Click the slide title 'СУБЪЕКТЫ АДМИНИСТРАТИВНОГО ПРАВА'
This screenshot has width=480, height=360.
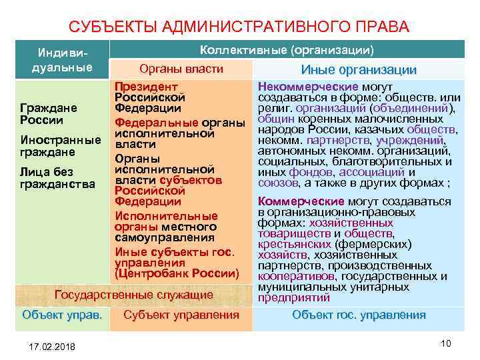[x=239, y=27]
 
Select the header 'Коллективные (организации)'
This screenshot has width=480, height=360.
[x=287, y=51]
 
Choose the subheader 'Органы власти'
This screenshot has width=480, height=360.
[x=181, y=69]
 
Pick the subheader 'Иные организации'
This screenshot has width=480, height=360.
[x=359, y=70]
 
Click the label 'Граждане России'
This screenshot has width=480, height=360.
[x=49, y=114]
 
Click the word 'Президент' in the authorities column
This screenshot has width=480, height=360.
[x=146, y=87]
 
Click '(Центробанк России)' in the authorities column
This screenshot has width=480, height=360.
[x=176, y=273]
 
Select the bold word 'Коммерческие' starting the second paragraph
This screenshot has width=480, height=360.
[x=301, y=201]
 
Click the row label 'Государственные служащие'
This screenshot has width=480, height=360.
[x=133, y=295]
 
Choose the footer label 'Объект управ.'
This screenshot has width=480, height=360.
[x=62, y=315]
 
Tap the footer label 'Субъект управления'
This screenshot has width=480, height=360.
[x=181, y=315]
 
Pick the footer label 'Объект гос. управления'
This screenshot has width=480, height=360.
[x=359, y=315]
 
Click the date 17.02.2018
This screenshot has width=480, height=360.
[x=53, y=347]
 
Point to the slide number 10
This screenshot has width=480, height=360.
[x=446, y=343]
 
